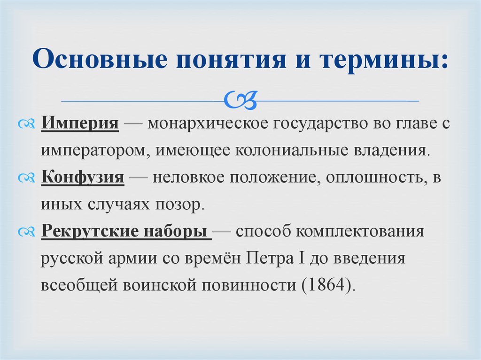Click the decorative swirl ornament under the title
click(240, 100)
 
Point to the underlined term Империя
click(80, 123)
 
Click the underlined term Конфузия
click(83, 177)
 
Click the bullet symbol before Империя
click(27, 124)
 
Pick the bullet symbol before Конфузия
click(27, 178)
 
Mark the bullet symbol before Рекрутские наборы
click(27, 232)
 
